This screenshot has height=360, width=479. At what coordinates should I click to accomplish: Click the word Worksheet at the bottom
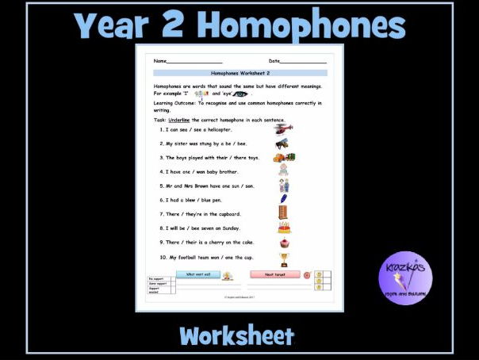[x=237, y=335]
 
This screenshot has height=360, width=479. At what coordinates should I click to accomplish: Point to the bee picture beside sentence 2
[x=282, y=144]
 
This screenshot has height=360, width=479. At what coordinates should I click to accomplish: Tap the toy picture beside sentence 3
[x=285, y=158]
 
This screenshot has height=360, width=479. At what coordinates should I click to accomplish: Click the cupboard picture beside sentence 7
[x=282, y=213]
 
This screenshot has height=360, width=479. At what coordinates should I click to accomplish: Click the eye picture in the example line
[x=239, y=94]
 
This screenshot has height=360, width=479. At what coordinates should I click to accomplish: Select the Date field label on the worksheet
[x=274, y=61]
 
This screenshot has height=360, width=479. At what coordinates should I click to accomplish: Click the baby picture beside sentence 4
[x=282, y=170]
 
